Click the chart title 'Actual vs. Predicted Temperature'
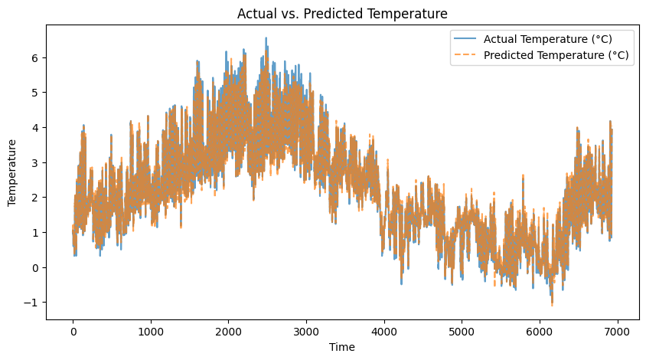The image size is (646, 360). [342, 14]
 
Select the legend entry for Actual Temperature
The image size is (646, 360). [533, 39]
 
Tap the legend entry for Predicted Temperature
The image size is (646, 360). [541, 55]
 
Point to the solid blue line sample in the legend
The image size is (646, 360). [465, 39]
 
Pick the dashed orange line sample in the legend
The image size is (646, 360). [465, 55]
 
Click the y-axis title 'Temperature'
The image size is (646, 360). [11, 172]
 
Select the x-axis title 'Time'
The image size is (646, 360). [342, 347]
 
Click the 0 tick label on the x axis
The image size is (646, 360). [73, 332]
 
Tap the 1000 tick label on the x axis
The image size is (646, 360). [151, 332]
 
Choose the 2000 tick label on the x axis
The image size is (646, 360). [229, 332]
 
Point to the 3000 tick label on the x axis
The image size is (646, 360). [306, 332]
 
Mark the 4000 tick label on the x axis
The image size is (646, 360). [384, 332]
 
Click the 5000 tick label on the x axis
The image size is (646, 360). [462, 332]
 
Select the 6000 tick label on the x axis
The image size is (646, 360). [540, 332]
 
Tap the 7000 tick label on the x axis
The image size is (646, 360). [618, 332]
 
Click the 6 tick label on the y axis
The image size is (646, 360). [34, 58]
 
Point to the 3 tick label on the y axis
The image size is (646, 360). [34, 163]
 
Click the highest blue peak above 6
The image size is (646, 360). [266, 38]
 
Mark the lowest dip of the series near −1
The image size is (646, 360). [552, 304]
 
